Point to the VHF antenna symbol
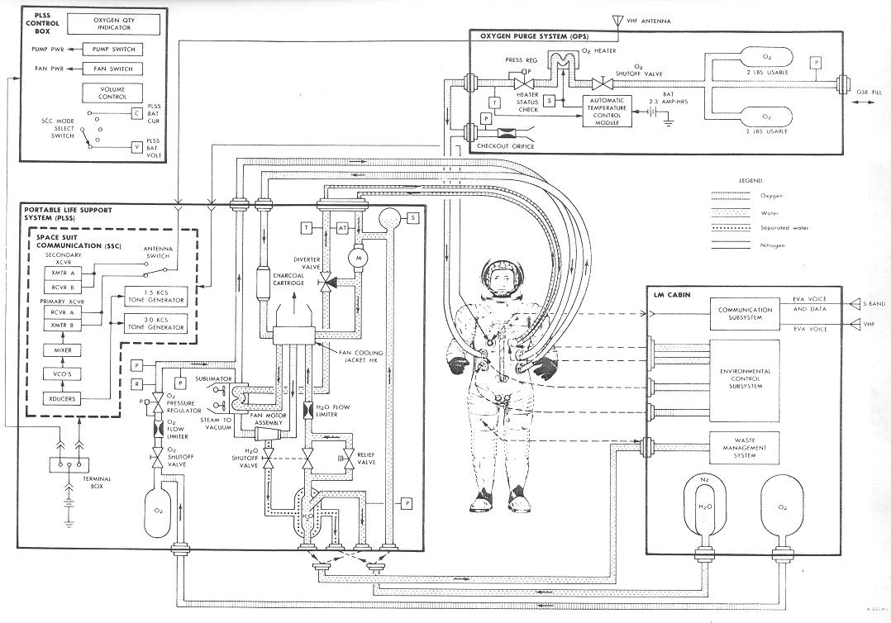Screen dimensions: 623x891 click(615, 20)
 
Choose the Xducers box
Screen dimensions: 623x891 click(55, 399)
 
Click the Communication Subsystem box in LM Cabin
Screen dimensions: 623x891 click(744, 315)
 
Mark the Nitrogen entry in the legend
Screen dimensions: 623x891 click(758, 245)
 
